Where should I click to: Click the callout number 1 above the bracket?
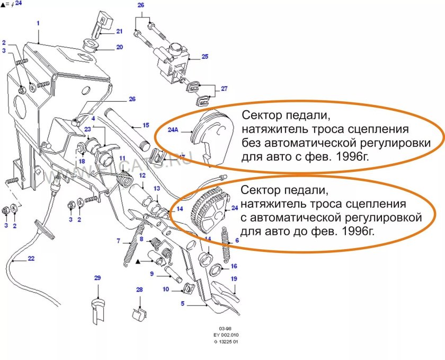pyautogui.click(x=39, y=23)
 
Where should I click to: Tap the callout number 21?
pyautogui.click(x=119, y=31)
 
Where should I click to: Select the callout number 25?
pyautogui.click(x=204, y=56)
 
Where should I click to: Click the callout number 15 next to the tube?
pyautogui.click(x=145, y=126)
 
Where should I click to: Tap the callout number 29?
pyautogui.click(x=97, y=278)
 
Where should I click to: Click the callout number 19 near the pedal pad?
pyautogui.click(x=233, y=279)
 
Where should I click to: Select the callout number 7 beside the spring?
pyautogui.click(x=119, y=241)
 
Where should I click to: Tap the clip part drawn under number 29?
pyautogui.click(x=96, y=310)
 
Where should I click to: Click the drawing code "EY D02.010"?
pyautogui.click(x=224, y=336)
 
